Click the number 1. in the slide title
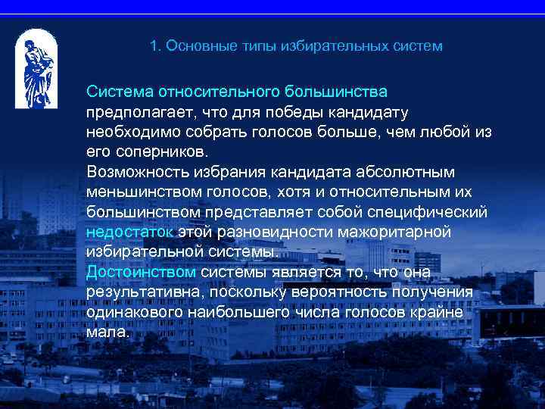(156, 46)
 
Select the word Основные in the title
(196, 46)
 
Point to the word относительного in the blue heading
(220, 92)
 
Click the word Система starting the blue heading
(119, 92)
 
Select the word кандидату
(372, 113)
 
